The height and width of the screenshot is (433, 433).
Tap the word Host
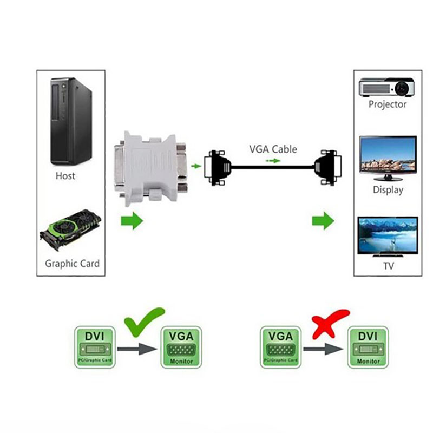coord(65,176)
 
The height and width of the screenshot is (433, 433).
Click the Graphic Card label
coord(72,264)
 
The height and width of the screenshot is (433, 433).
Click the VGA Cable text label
coord(273,149)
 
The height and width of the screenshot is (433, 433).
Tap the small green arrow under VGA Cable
coord(273,161)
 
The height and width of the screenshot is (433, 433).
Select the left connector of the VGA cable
coord(218,167)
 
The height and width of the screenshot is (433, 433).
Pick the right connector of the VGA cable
coord(329,167)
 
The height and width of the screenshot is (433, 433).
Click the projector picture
coord(387,87)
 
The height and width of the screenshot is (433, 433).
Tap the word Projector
coord(388,104)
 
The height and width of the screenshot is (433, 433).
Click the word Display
coord(388,190)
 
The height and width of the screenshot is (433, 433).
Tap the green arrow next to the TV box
coord(323,221)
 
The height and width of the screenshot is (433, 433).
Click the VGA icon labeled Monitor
coord(181,347)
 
